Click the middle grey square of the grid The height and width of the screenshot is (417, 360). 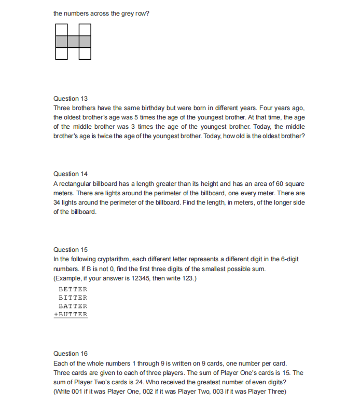[73, 42]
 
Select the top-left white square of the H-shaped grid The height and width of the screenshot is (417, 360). [61, 30]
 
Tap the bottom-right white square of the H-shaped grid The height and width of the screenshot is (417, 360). [85, 53]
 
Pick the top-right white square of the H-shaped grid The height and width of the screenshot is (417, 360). [85, 30]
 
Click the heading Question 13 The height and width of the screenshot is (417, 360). [71, 98]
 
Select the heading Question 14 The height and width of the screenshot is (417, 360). [71, 174]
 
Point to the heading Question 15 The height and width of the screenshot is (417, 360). [71, 250]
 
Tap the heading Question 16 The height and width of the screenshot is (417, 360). [71, 354]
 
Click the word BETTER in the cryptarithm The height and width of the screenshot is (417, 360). [73, 289]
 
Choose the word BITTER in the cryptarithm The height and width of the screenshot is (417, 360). [73, 298]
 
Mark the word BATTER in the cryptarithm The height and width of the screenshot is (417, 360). [73, 306]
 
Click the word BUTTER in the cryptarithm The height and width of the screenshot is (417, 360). [75, 314]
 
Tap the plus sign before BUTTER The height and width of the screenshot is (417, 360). [56, 314]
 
